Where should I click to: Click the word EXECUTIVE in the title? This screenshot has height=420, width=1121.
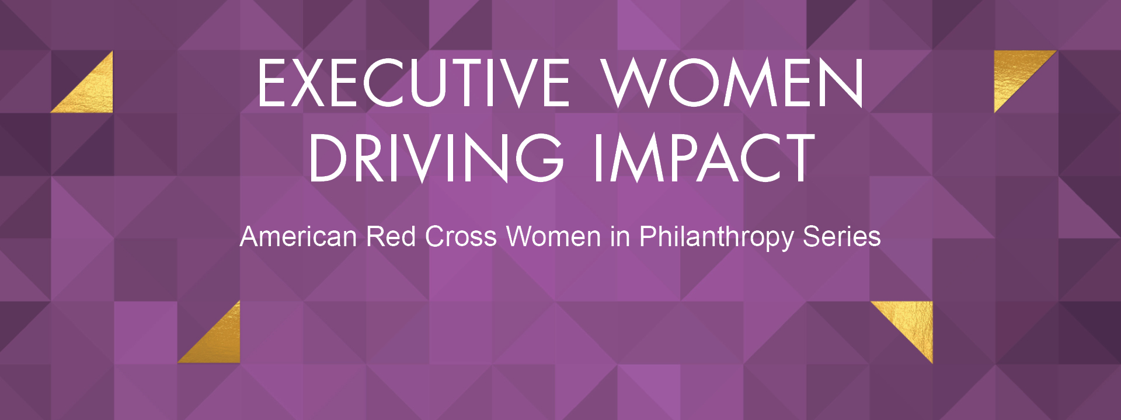[413, 83]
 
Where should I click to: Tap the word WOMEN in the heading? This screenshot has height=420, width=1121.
[733, 83]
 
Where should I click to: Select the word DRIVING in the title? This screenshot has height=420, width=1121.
[436, 157]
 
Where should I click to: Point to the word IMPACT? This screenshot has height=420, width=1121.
[704, 157]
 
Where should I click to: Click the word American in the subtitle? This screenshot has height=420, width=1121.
[298, 237]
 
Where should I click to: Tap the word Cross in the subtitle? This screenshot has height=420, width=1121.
[461, 237]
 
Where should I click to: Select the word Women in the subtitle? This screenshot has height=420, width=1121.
[553, 237]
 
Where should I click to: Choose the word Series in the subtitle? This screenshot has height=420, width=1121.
[842, 237]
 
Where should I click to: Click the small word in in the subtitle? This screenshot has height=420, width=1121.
[620, 237]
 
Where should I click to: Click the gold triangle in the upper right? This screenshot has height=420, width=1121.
[1015, 71]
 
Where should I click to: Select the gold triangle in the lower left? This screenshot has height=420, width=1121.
[220, 342]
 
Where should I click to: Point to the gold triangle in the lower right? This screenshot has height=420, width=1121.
[912, 322]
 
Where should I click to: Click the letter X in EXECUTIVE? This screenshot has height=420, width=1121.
[308, 83]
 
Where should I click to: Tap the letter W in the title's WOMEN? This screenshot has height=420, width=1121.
[633, 83]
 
